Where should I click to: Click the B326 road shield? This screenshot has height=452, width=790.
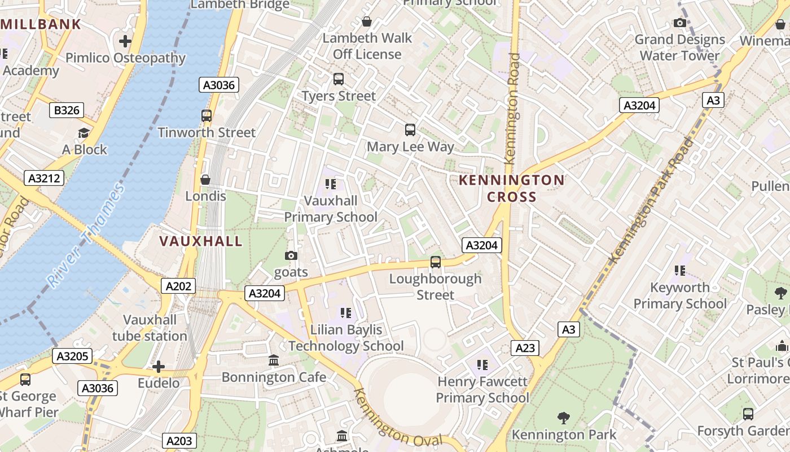(x=67, y=110)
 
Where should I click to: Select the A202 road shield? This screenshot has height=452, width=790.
(x=178, y=286)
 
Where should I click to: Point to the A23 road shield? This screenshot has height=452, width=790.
(x=525, y=348)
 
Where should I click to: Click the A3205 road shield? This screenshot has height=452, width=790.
(x=72, y=356)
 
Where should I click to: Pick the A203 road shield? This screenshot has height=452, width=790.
(x=179, y=441)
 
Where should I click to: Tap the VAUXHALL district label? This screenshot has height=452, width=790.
(x=201, y=241)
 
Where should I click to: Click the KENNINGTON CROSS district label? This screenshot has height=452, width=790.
(x=511, y=188)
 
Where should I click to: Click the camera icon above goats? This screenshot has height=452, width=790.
(x=291, y=256)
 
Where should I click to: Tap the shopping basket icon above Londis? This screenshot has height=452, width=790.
(x=205, y=180)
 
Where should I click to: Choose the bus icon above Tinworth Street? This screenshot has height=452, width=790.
(x=207, y=116)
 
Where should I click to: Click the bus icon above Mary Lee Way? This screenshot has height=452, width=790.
(x=410, y=130)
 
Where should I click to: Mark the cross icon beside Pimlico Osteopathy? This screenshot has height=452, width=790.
(x=125, y=41)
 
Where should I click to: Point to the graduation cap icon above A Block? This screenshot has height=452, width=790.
(x=84, y=133)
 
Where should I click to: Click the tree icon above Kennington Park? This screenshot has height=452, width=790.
(x=563, y=418)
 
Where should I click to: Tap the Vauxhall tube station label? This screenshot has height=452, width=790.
(x=150, y=328)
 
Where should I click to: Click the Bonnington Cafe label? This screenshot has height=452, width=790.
(x=274, y=377)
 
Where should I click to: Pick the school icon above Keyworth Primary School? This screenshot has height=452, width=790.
(x=680, y=271)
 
